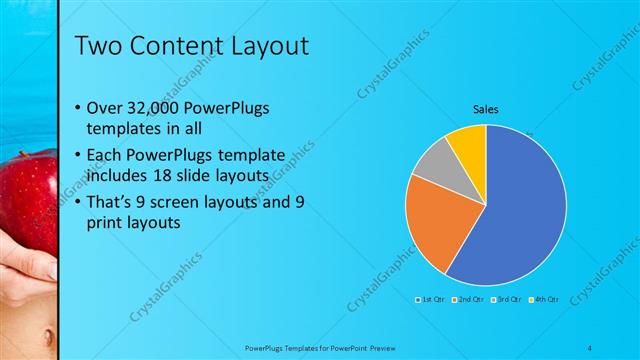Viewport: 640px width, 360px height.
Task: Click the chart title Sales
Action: [x=485, y=109]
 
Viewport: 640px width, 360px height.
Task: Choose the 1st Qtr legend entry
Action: [x=430, y=299]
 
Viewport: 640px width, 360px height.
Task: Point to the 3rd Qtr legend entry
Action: [x=506, y=299]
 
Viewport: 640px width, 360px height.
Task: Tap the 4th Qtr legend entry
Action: [x=544, y=299]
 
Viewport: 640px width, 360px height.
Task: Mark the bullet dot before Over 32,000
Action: [x=80, y=108]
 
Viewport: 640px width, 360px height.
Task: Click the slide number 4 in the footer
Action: [x=589, y=346]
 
